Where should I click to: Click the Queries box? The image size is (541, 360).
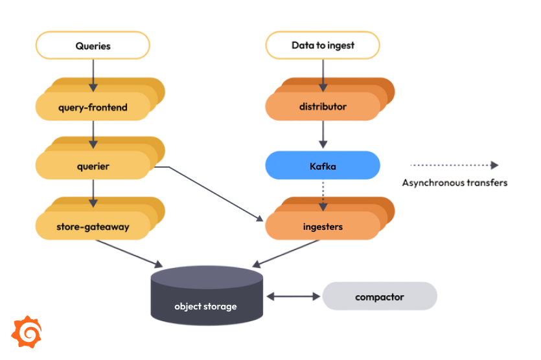pyautogui.click(x=93, y=46)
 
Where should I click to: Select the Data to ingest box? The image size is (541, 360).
pyautogui.click(x=323, y=46)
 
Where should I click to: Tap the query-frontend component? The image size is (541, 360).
pyautogui.click(x=93, y=107)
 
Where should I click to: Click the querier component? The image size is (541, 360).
pyautogui.click(x=93, y=166)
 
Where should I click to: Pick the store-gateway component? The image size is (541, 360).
pyautogui.click(x=93, y=227)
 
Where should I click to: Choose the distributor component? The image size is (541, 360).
pyautogui.click(x=323, y=107)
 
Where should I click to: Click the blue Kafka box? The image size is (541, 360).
pyautogui.click(x=323, y=166)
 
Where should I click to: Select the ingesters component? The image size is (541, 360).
pyautogui.click(x=323, y=227)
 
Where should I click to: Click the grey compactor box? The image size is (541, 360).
pyautogui.click(x=380, y=297)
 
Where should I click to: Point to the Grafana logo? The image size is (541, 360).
pyautogui.click(x=28, y=332)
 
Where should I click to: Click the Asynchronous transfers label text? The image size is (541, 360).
pyautogui.click(x=454, y=183)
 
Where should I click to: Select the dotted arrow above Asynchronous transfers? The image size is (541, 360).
pyautogui.click(x=454, y=165)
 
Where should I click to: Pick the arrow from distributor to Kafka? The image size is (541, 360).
pyautogui.click(x=323, y=135)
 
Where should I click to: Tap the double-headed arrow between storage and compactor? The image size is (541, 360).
pyautogui.click(x=293, y=297)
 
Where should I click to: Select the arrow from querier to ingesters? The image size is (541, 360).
pyautogui.click(x=214, y=193)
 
